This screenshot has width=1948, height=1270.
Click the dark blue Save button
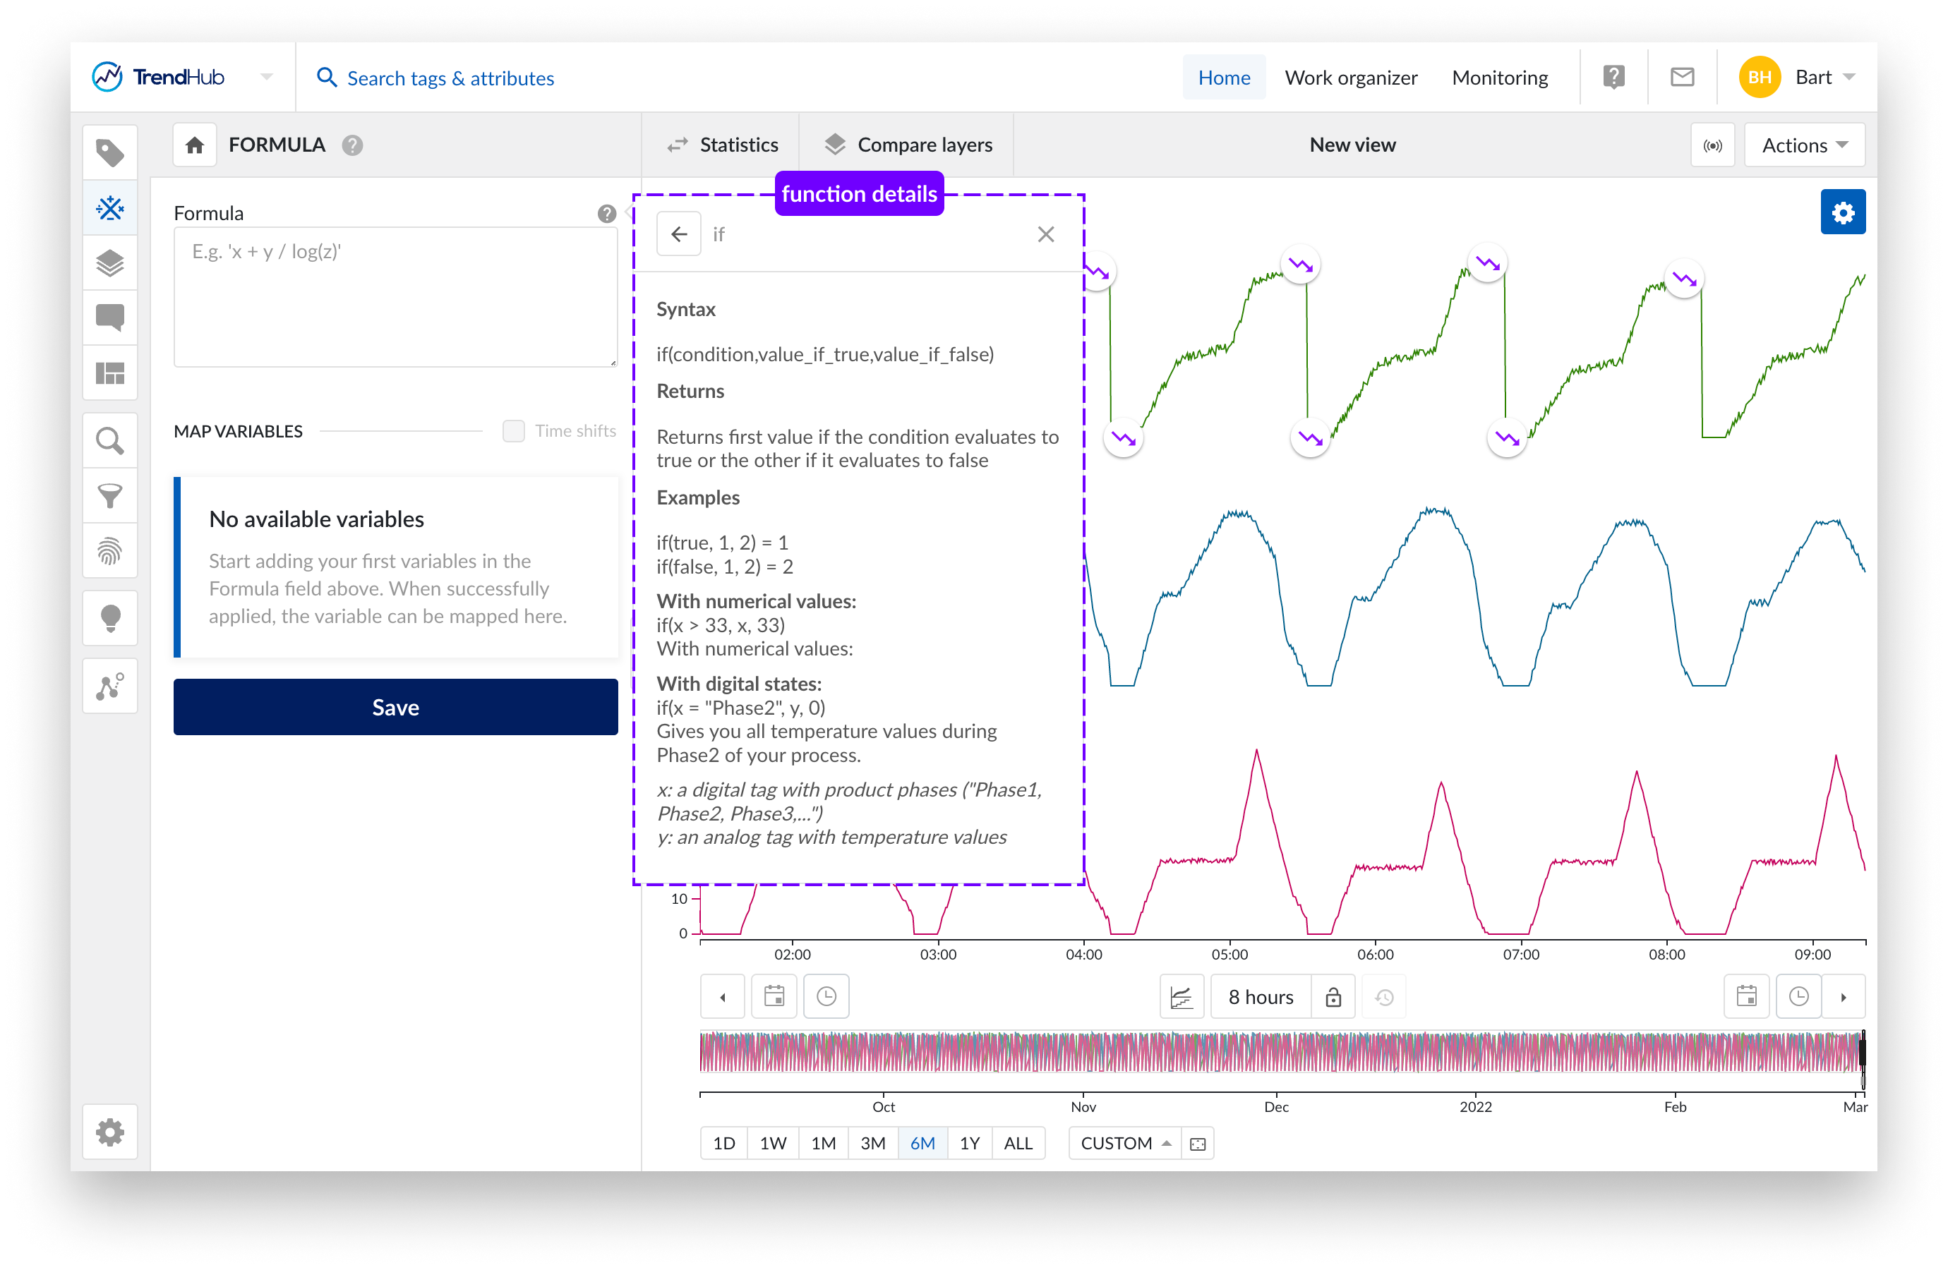click(x=395, y=707)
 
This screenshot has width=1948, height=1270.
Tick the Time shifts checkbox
click(x=513, y=431)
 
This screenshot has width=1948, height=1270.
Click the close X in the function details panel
click(x=1045, y=235)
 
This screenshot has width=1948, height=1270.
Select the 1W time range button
click(x=773, y=1143)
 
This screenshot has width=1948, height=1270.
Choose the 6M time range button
click(x=922, y=1143)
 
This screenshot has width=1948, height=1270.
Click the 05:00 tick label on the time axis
click(x=1229, y=954)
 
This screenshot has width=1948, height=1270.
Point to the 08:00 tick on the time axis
click(x=1666, y=954)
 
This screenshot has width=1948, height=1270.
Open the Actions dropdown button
click(x=1804, y=145)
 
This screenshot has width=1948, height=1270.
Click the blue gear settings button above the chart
click(x=1842, y=213)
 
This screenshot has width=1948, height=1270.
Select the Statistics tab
click(x=723, y=145)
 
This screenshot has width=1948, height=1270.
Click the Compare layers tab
click(x=908, y=145)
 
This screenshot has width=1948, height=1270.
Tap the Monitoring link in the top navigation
click(x=1500, y=78)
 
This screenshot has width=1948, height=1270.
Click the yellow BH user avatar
click(x=1759, y=78)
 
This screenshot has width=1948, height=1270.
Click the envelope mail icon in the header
click(x=1682, y=78)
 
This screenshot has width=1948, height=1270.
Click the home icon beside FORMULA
click(x=195, y=145)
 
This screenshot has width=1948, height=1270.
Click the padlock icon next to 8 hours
click(x=1333, y=997)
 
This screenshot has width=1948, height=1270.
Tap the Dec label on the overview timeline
click(x=1276, y=1107)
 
